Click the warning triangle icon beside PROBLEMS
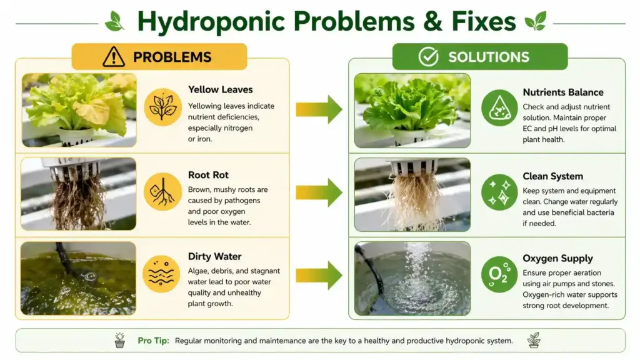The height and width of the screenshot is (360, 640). coord(114,57)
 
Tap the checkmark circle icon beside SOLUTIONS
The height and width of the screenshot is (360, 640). coord(428,57)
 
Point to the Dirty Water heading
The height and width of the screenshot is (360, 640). coord(214,256)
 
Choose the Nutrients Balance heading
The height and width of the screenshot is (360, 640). coord(563,92)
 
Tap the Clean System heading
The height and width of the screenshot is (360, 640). coord(553,176)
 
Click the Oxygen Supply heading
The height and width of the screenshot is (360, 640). coord(557,259)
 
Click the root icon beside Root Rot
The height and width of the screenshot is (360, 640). coord(162,191)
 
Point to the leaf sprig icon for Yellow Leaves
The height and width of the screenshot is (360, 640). coord(162,107)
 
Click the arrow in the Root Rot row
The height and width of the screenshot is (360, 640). coord(319,192)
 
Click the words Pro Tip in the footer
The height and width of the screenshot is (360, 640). coord(153,341)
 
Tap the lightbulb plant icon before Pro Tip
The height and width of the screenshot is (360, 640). coord(119,340)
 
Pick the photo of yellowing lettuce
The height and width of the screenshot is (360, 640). coord(79,110)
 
